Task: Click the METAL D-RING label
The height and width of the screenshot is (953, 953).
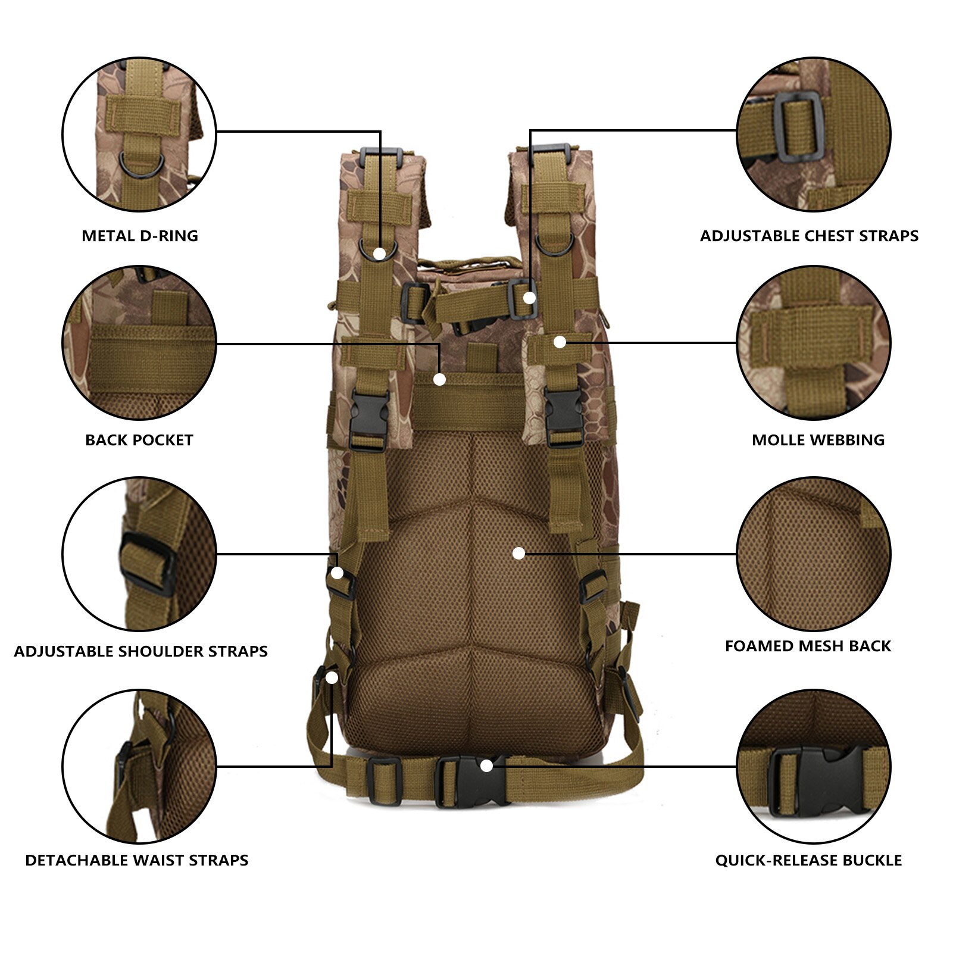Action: click(140, 236)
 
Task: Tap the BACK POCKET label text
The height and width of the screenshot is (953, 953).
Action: click(139, 440)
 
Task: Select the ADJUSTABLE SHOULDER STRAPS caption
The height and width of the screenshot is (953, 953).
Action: click(140, 651)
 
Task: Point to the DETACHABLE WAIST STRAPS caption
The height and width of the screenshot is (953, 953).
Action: click(137, 860)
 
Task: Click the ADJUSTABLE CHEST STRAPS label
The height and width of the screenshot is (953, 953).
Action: click(809, 236)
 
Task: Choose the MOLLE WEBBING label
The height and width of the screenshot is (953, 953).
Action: click(818, 440)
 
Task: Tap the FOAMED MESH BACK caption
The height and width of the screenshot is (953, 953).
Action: click(808, 646)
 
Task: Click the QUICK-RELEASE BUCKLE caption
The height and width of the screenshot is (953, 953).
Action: click(808, 860)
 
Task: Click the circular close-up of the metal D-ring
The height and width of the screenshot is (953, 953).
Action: click(139, 134)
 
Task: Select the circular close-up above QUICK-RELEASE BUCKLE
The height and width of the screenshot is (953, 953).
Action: click(814, 767)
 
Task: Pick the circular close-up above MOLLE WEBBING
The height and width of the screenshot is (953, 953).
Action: click(814, 343)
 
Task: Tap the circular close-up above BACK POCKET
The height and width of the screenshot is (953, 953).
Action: click(139, 343)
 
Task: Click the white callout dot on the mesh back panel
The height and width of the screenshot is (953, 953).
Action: click(518, 554)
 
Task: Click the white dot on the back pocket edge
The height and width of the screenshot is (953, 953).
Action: click(440, 379)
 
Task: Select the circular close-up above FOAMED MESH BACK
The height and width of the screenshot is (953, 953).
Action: click(814, 554)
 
